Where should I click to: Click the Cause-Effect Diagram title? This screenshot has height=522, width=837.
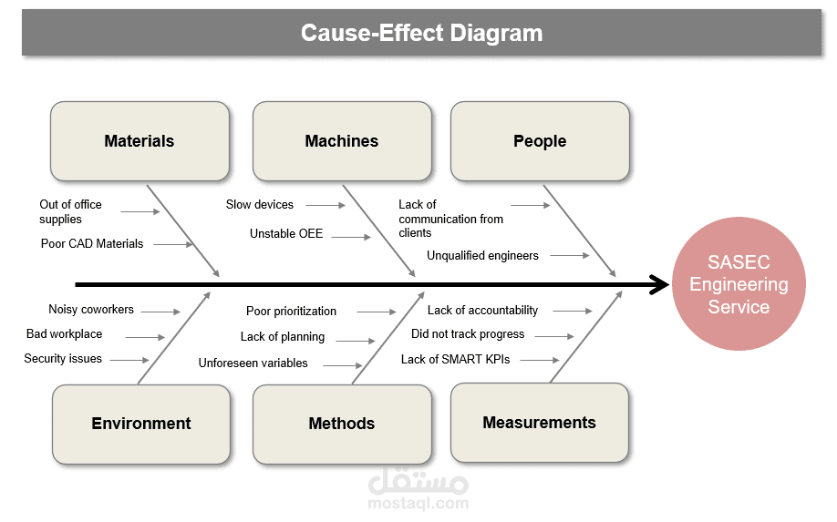(x=421, y=34)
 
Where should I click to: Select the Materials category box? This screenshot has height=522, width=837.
(x=139, y=141)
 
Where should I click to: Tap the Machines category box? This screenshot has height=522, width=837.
(x=342, y=141)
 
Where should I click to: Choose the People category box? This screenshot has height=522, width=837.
(x=540, y=141)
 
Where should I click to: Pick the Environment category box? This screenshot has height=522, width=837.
(x=141, y=424)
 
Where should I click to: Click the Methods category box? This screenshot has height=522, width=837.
(x=342, y=424)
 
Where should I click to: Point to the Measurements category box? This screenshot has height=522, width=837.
(x=540, y=423)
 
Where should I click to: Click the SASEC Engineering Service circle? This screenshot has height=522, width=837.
(x=739, y=284)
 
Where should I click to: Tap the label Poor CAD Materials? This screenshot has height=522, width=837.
(x=92, y=244)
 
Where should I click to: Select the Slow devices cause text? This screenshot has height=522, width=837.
(x=260, y=205)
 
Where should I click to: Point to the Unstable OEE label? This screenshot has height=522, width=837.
(x=286, y=234)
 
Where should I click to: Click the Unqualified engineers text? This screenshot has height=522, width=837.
(x=482, y=256)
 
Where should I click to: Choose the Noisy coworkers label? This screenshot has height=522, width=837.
(x=91, y=310)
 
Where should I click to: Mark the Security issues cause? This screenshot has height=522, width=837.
(x=63, y=359)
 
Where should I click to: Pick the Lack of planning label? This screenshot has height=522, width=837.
(x=283, y=337)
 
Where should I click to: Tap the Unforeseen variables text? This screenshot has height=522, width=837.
(x=253, y=363)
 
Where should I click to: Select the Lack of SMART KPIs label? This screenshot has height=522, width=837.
(x=455, y=360)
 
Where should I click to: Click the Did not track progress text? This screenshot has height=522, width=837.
(x=468, y=334)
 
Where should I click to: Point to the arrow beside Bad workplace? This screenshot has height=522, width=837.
(x=145, y=336)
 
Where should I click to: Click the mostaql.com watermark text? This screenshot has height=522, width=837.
(x=418, y=503)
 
